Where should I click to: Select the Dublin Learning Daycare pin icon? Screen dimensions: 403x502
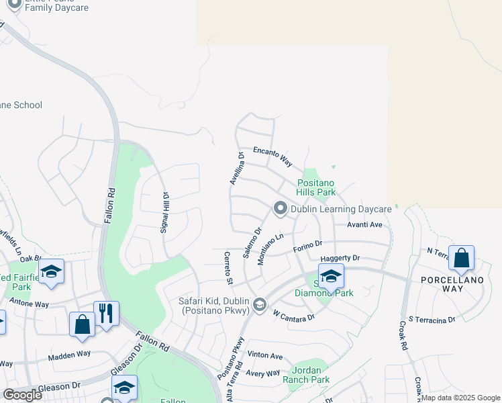click(280, 210)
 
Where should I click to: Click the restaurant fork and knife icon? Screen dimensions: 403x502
click(106, 314)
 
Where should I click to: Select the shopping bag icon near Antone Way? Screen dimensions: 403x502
click(82, 324)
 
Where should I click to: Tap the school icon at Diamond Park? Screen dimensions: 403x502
click(330, 277)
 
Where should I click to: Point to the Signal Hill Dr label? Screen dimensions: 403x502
click(164, 212)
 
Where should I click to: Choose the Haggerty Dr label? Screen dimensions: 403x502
click(340, 258)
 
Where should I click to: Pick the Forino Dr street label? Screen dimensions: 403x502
click(308, 247)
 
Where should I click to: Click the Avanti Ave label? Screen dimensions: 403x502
click(364, 225)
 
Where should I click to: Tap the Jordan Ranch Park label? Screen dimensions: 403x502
click(311, 375)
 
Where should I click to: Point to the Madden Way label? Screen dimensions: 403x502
click(69, 355)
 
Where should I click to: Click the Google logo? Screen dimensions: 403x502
click(21, 395)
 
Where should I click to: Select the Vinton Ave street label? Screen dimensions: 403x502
click(265, 355)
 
